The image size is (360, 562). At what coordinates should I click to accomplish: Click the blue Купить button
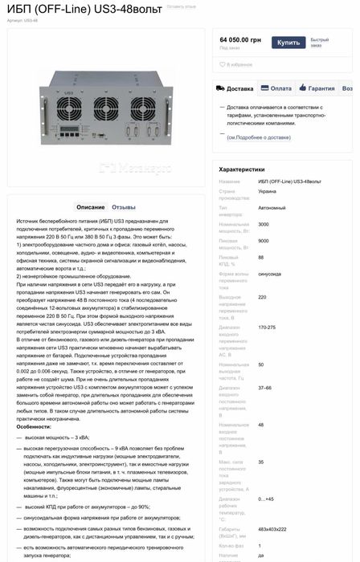(288, 43)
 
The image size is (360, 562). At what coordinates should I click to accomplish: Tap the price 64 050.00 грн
(239, 39)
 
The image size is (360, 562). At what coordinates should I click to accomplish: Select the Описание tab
(91, 207)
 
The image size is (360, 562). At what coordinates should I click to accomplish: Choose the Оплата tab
(278, 89)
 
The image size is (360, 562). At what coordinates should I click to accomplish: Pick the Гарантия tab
(319, 89)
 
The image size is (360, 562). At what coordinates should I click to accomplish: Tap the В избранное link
(238, 64)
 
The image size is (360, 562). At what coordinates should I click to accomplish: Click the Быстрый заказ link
(320, 43)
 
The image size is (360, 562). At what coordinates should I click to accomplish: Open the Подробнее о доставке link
(258, 137)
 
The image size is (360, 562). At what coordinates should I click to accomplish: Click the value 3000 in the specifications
(264, 224)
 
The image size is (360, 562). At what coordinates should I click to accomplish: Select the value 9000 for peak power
(264, 241)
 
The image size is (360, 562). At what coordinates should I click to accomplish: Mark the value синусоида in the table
(269, 275)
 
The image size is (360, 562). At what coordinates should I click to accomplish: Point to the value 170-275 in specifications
(267, 328)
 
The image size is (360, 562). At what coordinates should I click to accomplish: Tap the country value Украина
(268, 192)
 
